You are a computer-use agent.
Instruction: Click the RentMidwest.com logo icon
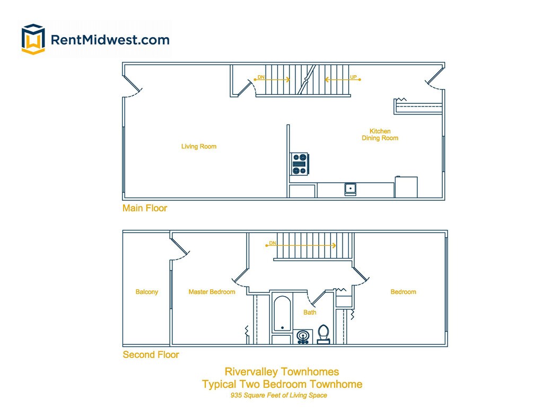click(x=33, y=39)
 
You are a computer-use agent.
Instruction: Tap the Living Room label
click(x=199, y=147)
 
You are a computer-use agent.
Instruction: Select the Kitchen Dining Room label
click(x=380, y=135)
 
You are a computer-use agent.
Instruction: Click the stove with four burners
click(x=300, y=164)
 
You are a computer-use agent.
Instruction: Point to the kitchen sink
click(x=351, y=189)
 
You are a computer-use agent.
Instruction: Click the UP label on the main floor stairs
click(x=353, y=77)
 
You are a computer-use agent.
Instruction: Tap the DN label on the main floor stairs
click(x=261, y=77)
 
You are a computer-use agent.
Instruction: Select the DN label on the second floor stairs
click(x=273, y=243)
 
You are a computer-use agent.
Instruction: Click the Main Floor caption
click(x=145, y=208)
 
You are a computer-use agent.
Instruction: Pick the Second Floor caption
click(x=151, y=355)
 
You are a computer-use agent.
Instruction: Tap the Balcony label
click(x=147, y=292)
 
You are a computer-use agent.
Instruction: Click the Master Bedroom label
click(x=212, y=292)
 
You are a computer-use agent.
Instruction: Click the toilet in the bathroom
click(x=323, y=334)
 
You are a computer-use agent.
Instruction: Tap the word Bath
click(x=310, y=313)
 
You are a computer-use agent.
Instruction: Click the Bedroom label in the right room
click(x=403, y=292)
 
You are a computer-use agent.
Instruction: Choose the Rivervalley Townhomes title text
click(x=282, y=372)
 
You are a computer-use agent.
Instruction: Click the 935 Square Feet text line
click(x=278, y=395)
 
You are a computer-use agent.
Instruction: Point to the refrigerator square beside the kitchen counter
click(x=406, y=187)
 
